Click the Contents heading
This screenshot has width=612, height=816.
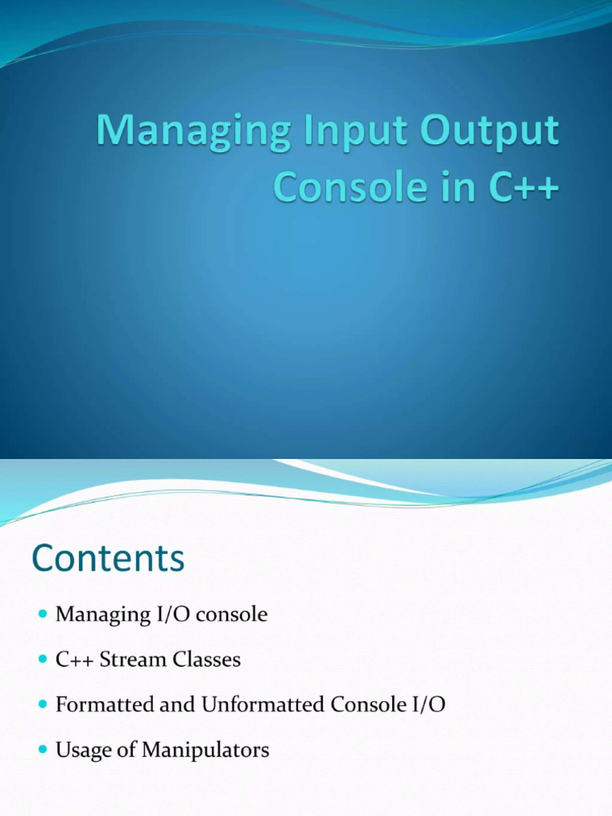108,559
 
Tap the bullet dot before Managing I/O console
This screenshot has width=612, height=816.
43,614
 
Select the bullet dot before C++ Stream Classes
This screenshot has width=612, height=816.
43,660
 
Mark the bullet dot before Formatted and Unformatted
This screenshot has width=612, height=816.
43,705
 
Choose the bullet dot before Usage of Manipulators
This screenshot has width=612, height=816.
43,751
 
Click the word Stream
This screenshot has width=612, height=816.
129,660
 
